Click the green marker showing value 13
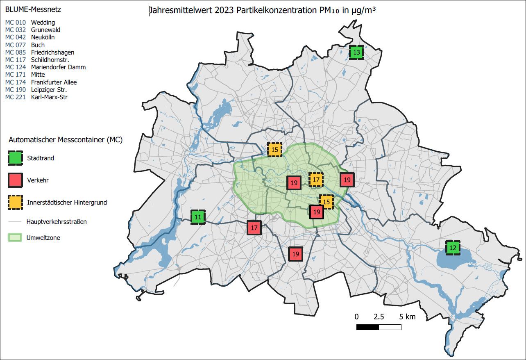pyautogui.click(x=356, y=52)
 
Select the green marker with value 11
pyautogui.click(x=198, y=217)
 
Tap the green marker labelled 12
pyautogui.click(x=453, y=248)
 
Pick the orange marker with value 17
pyautogui.click(x=316, y=180)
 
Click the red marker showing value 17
pyautogui.click(x=254, y=228)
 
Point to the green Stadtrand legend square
pyautogui.click(x=15, y=158)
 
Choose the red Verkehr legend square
pyautogui.click(x=15, y=180)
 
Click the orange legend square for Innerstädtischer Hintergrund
pyautogui.click(x=15, y=202)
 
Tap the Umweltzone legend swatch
pyautogui.click(x=15, y=238)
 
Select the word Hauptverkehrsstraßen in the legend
pyautogui.click(x=57, y=222)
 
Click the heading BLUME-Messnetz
pyautogui.click(x=27, y=9)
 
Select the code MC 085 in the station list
pyautogui.click(x=15, y=52)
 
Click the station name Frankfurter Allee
pyautogui.click(x=54, y=82)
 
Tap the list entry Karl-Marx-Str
pyautogui.click(x=49, y=97)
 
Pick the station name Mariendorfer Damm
pyautogui.click(x=58, y=67)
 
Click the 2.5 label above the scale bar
pyautogui.click(x=379, y=317)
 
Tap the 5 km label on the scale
pyautogui.click(x=407, y=317)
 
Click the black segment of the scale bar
pyautogui.click(x=367, y=327)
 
